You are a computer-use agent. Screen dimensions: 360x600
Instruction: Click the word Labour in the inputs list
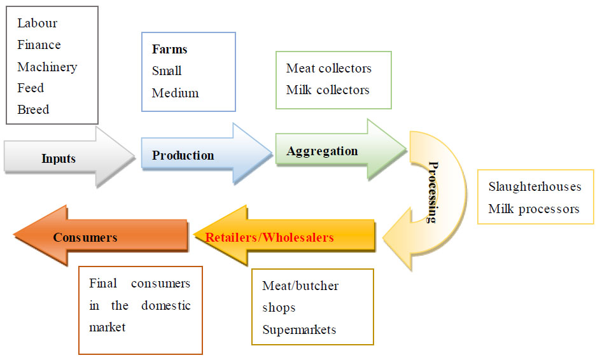(x=37, y=24)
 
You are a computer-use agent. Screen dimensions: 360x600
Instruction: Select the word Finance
(x=39, y=45)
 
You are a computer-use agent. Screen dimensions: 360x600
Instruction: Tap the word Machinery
(x=47, y=67)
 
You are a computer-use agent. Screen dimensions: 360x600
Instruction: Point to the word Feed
(x=31, y=88)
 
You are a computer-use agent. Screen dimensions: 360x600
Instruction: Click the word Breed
(x=33, y=109)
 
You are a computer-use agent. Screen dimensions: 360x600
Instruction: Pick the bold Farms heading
(x=169, y=50)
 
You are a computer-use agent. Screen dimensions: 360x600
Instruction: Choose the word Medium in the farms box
(x=175, y=93)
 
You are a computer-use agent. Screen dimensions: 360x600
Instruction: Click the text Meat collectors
(x=328, y=68)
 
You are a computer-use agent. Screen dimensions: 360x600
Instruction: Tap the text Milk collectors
(x=328, y=90)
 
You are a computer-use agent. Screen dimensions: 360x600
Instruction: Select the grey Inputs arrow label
(x=59, y=158)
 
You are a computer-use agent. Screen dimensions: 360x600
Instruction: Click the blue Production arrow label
(x=183, y=155)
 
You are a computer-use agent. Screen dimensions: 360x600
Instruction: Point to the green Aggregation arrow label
(x=322, y=151)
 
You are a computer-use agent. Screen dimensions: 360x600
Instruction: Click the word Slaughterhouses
(x=534, y=187)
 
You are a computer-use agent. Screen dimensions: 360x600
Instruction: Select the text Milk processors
(x=534, y=209)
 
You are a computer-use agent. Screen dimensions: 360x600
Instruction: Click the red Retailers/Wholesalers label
(x=269, y=237)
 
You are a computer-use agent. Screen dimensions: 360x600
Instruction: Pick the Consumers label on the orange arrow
(x=85, y=237)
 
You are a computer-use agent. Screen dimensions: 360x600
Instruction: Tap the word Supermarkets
(x=299, y=329)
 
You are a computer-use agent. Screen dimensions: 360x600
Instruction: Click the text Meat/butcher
(x=300, y=286)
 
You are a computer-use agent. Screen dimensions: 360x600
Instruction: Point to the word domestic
(x=165, y=305)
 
